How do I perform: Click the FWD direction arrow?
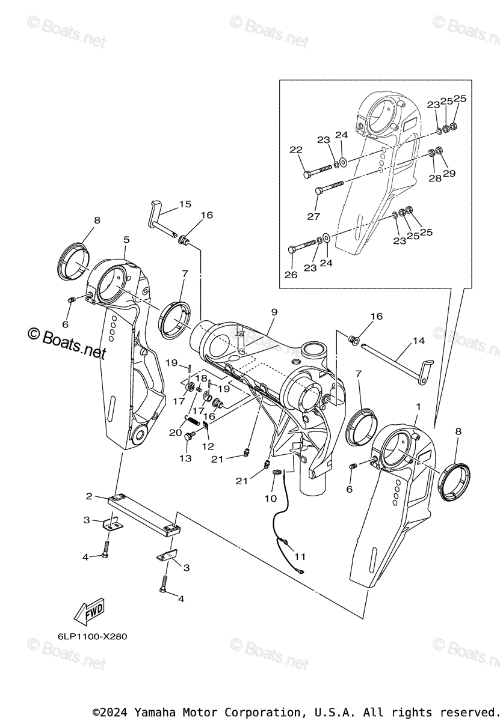[88, 611]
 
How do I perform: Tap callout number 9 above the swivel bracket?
[274, 312]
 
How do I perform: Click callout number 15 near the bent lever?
[185, 204]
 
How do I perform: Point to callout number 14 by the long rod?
[419, 341]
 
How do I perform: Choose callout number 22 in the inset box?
[295, 150]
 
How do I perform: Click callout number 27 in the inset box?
[313, 216]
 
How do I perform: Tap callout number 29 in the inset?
[449, 174]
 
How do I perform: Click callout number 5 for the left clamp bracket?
[126, 240]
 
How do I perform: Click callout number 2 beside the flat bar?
[89, 496]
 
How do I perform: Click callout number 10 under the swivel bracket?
[270, 498]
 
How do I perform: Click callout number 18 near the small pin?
[202, 379]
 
